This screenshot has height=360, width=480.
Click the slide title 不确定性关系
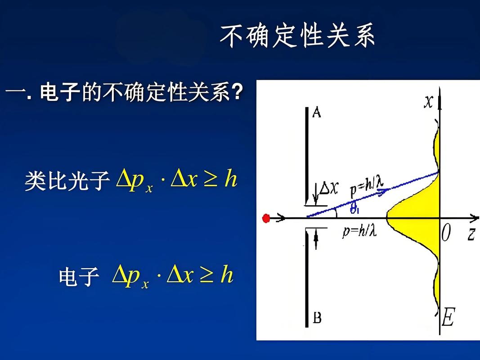pyautogui.click(x=297, y=36)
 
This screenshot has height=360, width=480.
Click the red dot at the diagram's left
pyautogui.click(x=266, y=219)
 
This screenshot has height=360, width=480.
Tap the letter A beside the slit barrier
pyautogui.click(x=316, y=112)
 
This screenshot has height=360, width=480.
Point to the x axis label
pyautogui.click(x=429, y=102)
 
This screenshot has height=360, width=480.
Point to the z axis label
pyautogui.click(x=471, y=234)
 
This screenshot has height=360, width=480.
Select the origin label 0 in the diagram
pyautogui.click(x=445, y=234)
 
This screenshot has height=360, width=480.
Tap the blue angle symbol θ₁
pyautogui.click(x=355, y=208)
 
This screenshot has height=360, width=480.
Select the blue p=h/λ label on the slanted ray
pyautogui.click(x=367, y=188)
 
